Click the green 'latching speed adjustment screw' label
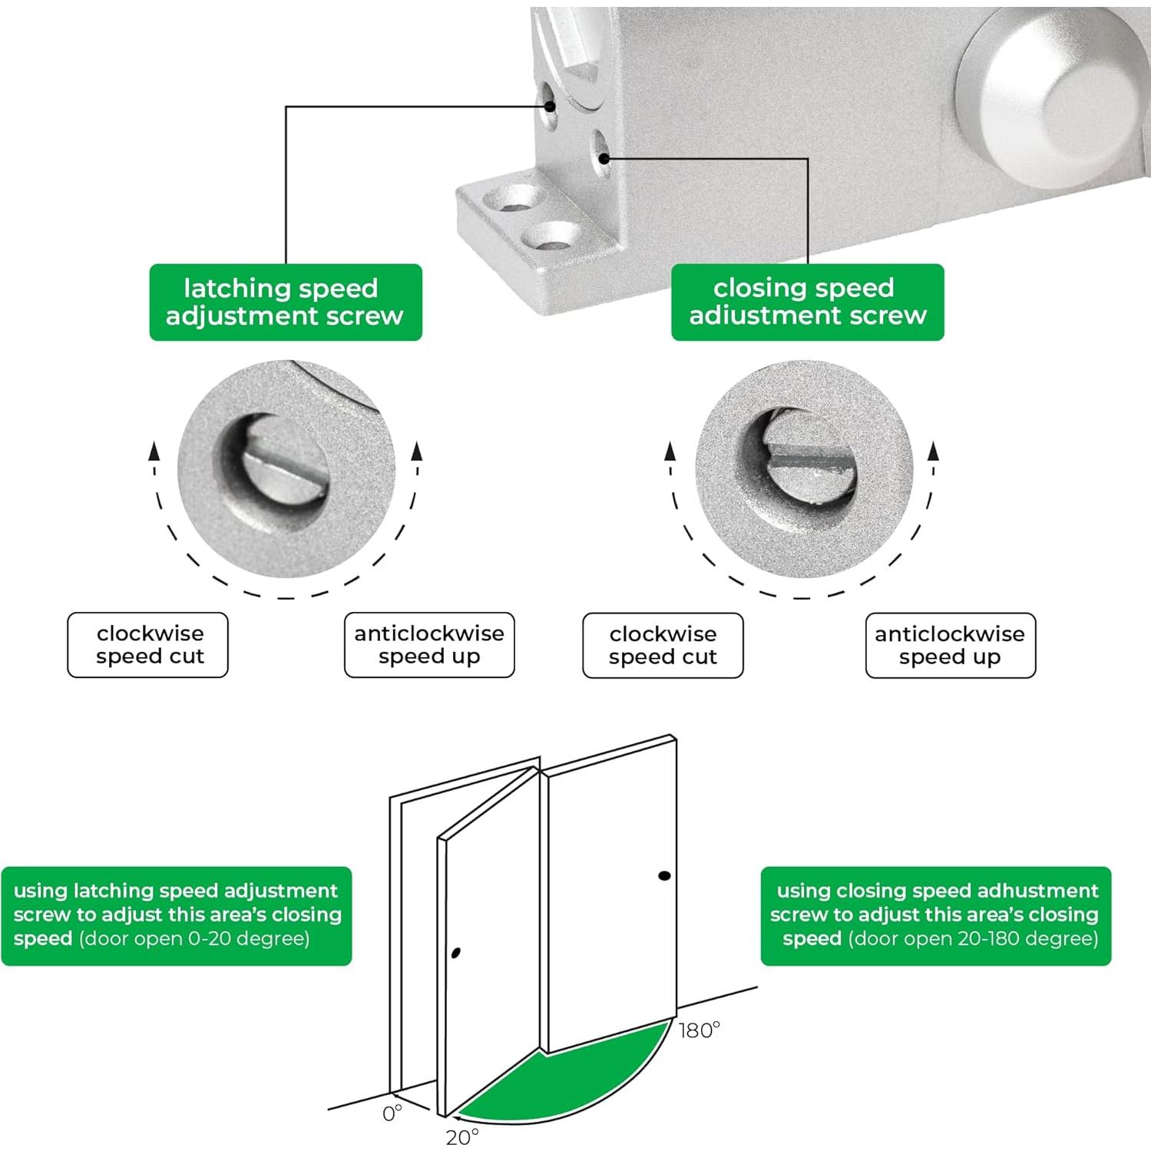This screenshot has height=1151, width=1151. tap(285, 302)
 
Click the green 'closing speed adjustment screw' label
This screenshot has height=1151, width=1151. tap(807, 302)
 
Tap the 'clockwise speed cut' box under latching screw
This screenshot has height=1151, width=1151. tap(148, 645)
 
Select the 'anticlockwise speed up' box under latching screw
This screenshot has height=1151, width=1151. tap(429, 645)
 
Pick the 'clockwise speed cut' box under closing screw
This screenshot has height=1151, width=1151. tap(663, 646)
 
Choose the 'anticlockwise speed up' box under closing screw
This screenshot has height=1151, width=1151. tap(950, 646)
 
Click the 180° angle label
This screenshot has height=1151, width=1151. tap(699, 1030)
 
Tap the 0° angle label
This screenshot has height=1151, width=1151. tap(392, 1113)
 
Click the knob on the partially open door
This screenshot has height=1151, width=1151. tap(456, 954)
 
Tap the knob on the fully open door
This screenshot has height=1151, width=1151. tap(664, 875)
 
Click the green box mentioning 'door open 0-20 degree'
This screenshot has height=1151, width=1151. tap(177, 915)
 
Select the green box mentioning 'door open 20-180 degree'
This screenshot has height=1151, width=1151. tap(935, 915)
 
